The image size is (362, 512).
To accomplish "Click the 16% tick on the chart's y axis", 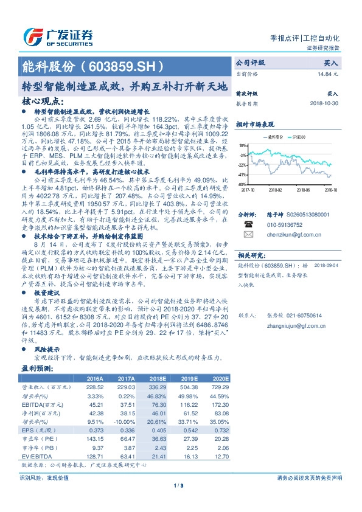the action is click(242, 146).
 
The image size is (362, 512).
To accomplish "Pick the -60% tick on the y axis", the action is click(242, 184).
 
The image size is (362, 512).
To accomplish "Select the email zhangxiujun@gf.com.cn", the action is click(297, 325).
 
